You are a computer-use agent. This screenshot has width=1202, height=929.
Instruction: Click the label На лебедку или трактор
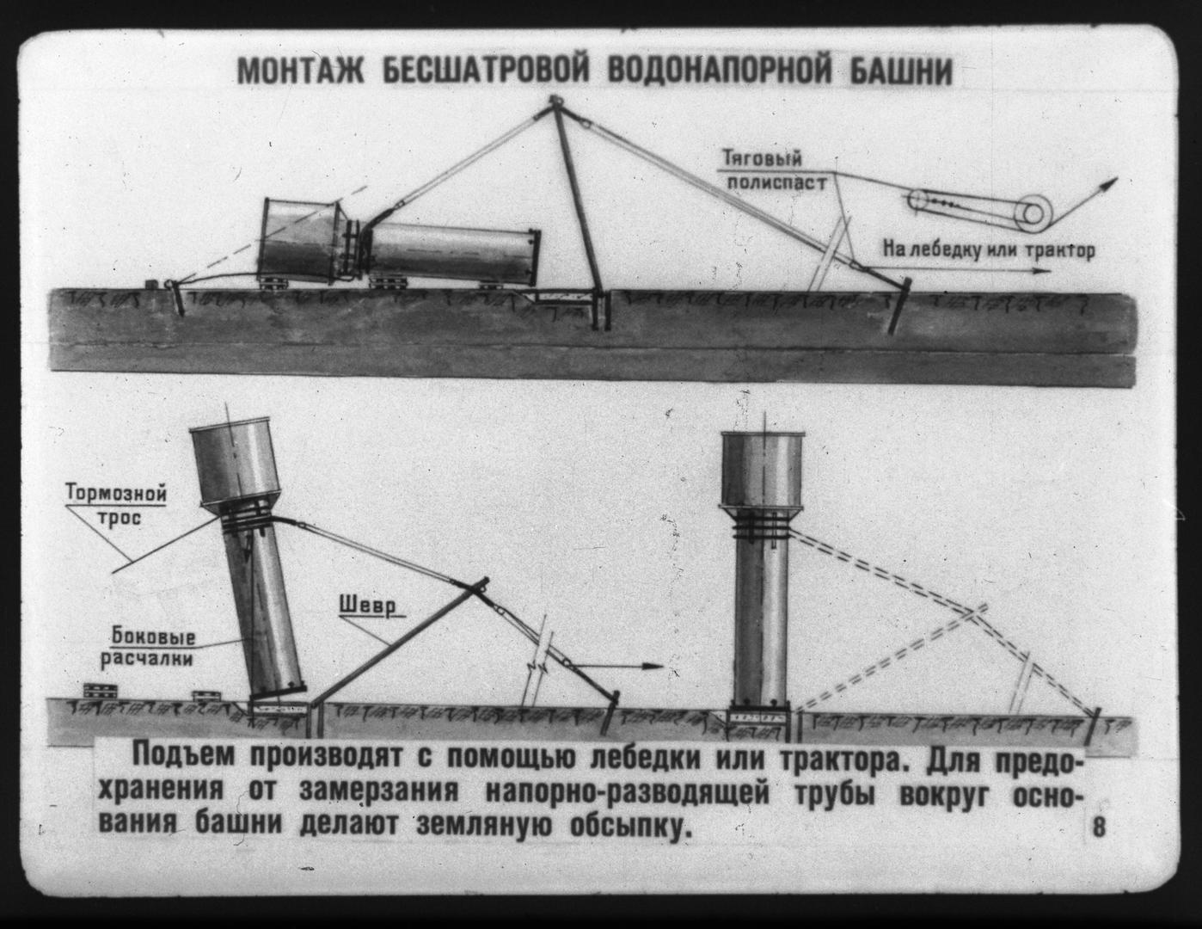point(989,251)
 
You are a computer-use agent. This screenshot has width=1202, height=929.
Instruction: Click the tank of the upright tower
point(761,470)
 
